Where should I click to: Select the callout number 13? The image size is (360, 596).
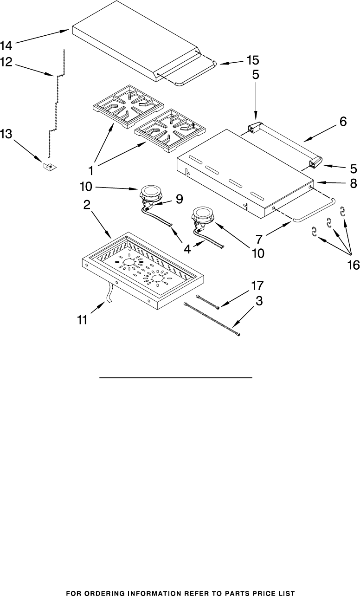6,134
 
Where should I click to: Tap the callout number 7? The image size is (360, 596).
259,239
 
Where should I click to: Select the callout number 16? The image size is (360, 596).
353,265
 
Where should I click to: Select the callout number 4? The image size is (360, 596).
187,249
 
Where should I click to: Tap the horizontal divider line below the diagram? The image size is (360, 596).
176,378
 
